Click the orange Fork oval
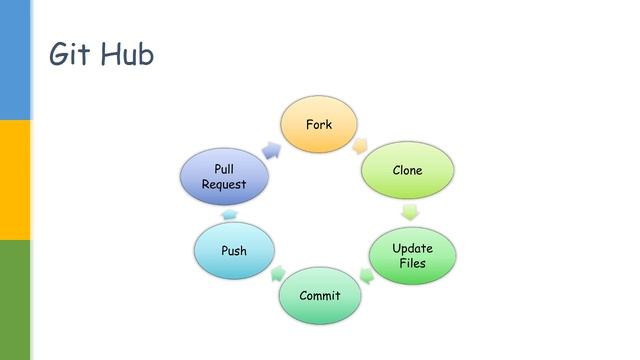coord(319,125)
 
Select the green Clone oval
coord(407,170)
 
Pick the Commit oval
coord(320,295)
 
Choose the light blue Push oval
coord(233,251)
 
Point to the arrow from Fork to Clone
coord(361,145)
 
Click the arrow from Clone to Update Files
coord(409,211)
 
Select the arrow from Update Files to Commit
coord(366,274)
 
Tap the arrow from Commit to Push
coord(276,272)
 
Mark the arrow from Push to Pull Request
coord(229,214)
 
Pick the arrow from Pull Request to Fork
coord(270,148)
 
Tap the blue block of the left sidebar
coord(15,60)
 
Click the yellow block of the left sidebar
coord(15,180)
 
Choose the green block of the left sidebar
coord(15,300)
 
